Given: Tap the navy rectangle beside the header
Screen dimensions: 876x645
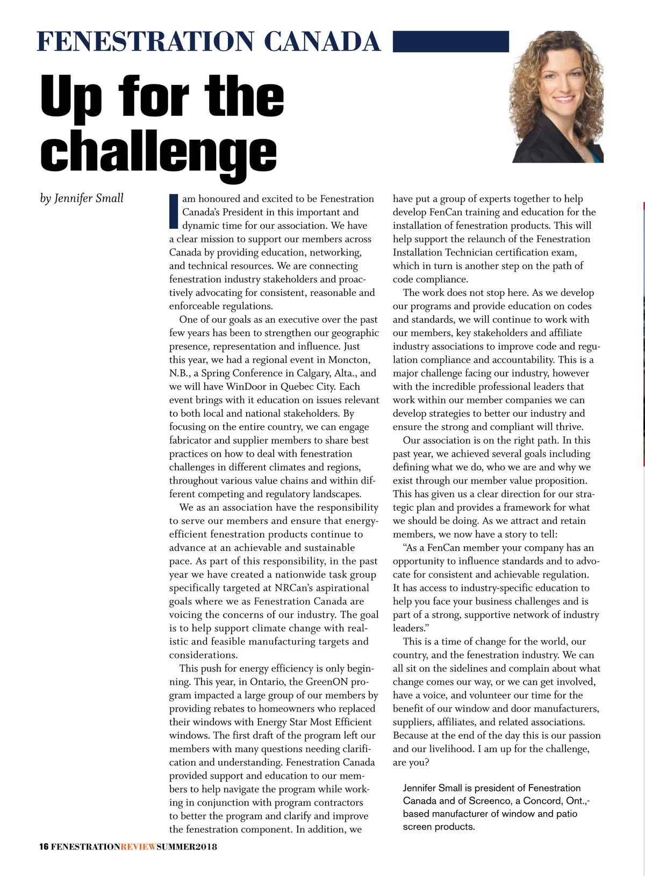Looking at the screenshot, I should coord(450,41).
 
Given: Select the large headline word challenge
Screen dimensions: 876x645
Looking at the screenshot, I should coord(159,153).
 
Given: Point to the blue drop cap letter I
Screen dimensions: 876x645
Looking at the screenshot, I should coord(173,212).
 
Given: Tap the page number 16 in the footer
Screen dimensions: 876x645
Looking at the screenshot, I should coord(44,847).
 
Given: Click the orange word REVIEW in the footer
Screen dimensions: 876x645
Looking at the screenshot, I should coord(138,847).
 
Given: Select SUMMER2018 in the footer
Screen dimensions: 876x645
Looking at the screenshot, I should coord(187,847).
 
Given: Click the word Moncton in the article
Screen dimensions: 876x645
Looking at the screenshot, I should coord(349,360).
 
